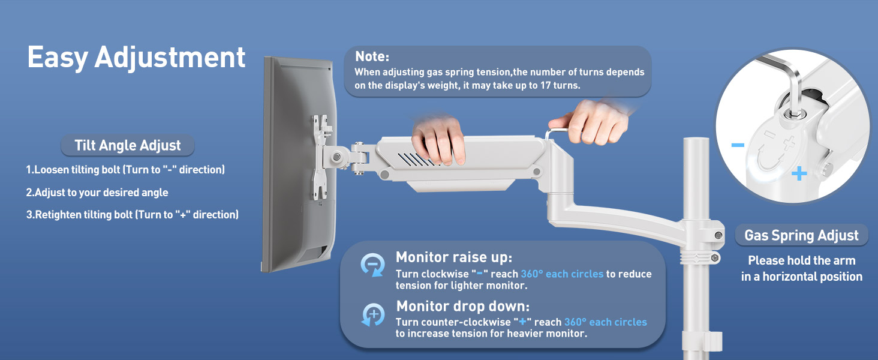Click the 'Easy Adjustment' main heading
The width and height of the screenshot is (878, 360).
(x=136, y=58)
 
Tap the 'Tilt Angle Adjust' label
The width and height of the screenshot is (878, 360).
(x=127, y=145)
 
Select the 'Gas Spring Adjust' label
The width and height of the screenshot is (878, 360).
(x=801, y=235)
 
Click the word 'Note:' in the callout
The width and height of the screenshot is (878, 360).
(x=372, y=56)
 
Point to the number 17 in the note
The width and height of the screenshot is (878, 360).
(x=545, y=85)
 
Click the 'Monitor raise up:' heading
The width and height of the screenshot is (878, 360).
(x=454, y=257)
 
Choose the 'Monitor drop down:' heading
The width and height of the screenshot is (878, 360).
(x=462, y=306)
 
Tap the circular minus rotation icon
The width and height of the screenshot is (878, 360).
(x=372, y=265)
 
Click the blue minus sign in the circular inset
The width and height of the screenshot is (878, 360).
(x=738, y=145)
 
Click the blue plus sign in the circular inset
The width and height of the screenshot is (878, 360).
(x=799, y=173)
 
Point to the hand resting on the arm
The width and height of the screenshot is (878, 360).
(x=438, y=139)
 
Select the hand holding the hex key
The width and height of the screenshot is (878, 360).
(x=592, y=122)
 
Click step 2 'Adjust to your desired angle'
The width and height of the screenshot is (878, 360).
(x=97, y=193)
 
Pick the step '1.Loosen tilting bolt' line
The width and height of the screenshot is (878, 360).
(x=125, y=170)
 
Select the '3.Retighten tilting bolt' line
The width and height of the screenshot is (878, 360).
(x=132, y=215)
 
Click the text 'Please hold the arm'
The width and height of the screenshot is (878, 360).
(x=802, y=260)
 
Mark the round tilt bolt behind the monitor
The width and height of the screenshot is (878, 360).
(x=336, y=157)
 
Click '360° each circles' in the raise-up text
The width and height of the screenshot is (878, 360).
(x=562, y=274)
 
